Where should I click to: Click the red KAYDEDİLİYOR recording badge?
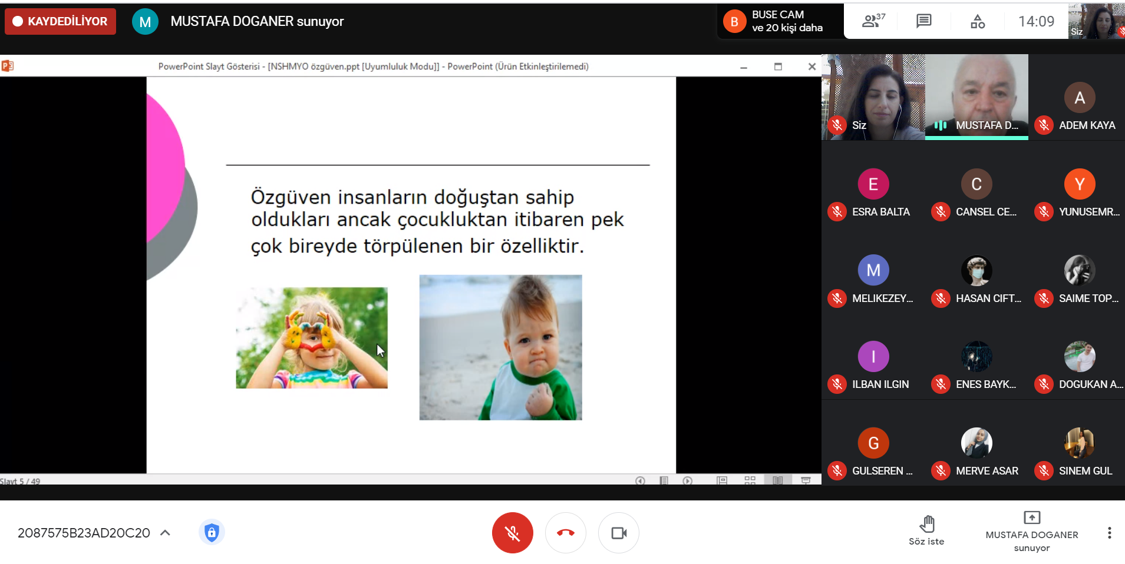coord(60,21)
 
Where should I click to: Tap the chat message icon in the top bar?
coord(923,21)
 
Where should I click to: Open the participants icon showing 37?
coord(873,21)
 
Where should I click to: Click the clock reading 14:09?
coord(1036,21)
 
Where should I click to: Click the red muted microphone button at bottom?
coord(513,533)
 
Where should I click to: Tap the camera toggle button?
coord(619,533)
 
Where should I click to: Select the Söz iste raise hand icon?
coord(927,523)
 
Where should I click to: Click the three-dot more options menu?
coord(1109,533)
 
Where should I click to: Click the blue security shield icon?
coord(212,533)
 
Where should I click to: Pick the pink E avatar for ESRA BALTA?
coord(873,184)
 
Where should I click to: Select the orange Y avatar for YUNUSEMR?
coord(1080,184)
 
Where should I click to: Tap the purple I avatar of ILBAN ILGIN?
coord(873,357)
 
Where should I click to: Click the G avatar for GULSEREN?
coord(873,443)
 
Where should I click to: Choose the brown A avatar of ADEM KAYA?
coord(1080,98)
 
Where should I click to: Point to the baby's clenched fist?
coord(540,400)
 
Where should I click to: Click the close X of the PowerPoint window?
coord(811,67)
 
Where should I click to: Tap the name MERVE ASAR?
coord(987,471)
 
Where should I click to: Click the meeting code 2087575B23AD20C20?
coord(84,533)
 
